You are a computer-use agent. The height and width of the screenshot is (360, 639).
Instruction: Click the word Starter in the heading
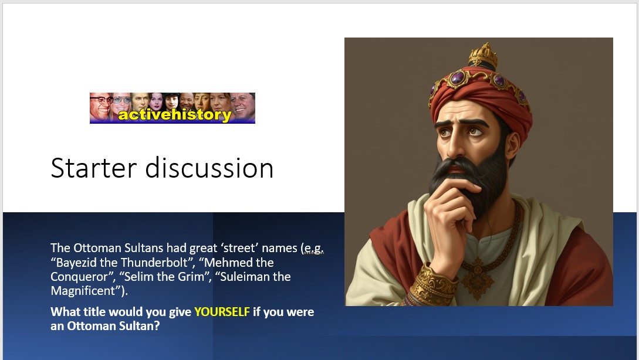coord(93,168)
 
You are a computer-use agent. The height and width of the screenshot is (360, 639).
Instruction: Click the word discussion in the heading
coord(209,168)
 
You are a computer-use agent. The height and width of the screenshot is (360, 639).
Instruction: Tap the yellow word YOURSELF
coord(222,312)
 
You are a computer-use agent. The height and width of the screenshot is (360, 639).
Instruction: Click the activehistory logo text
coord(175,115)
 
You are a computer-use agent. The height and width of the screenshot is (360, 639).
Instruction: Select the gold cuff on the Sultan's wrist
coord(433,284)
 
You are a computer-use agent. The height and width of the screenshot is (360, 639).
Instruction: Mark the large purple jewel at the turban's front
coord(457,77)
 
